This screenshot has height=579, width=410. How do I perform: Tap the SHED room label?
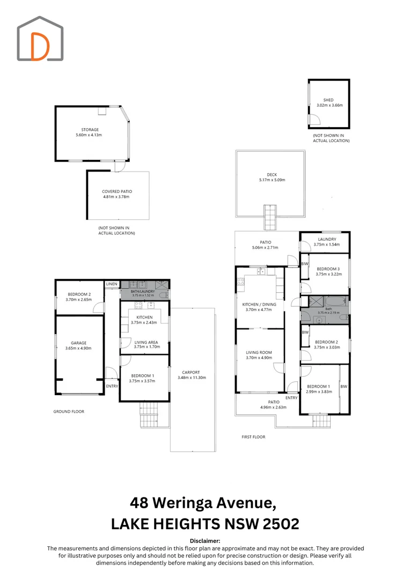coord(328,100)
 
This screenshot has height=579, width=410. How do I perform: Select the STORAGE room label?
coord(90,130)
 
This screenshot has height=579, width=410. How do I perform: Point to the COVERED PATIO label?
coord(117,191)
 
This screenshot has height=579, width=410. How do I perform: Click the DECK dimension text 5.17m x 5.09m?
coord(272,180)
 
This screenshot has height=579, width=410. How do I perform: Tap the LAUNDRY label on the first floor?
coord(327,239)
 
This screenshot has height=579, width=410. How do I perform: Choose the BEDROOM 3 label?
coord(328,269)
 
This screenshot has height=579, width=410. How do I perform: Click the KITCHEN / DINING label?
coord(259,305)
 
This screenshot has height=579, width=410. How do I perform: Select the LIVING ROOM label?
coord(259,352)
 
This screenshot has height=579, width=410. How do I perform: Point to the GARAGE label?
coord(79,343)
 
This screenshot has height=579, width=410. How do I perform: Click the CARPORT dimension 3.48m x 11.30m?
coord(192,377)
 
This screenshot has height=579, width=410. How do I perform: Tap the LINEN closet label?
coord(112,284)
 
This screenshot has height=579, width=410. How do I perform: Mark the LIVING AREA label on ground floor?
coord(146,342)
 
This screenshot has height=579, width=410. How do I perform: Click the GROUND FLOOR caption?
coord(69,411)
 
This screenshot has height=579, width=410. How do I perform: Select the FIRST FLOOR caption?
coord(254,437)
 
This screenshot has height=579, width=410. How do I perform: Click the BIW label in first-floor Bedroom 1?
coord(344,386)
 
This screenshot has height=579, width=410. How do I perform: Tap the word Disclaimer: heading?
coord(205,541)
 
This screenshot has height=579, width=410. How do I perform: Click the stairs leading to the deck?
coord(270,218)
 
